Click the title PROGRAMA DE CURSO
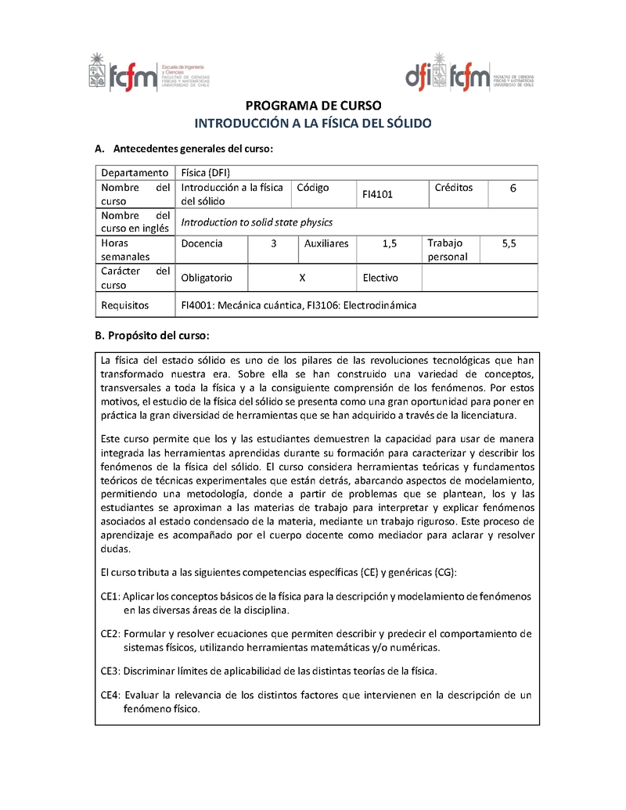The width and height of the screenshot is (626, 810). click(313, 106)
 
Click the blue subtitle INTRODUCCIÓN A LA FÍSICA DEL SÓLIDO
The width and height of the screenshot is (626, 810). click(313, 124)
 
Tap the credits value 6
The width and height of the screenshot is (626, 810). click(513, 189)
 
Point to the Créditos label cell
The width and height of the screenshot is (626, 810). click(454, 188)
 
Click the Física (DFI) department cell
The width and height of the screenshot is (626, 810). click(206, 173)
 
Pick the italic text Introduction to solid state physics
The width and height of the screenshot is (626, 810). click(257, 222)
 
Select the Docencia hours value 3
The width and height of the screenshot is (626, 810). click(274, 243)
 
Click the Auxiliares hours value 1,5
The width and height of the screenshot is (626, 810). click(389, 243)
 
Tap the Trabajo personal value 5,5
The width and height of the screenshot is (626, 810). click(509, 243)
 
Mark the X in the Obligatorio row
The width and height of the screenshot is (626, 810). click(303, 278)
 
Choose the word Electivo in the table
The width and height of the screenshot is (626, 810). click(380, 278)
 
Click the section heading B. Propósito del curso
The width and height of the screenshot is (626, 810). click(152, 336)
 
